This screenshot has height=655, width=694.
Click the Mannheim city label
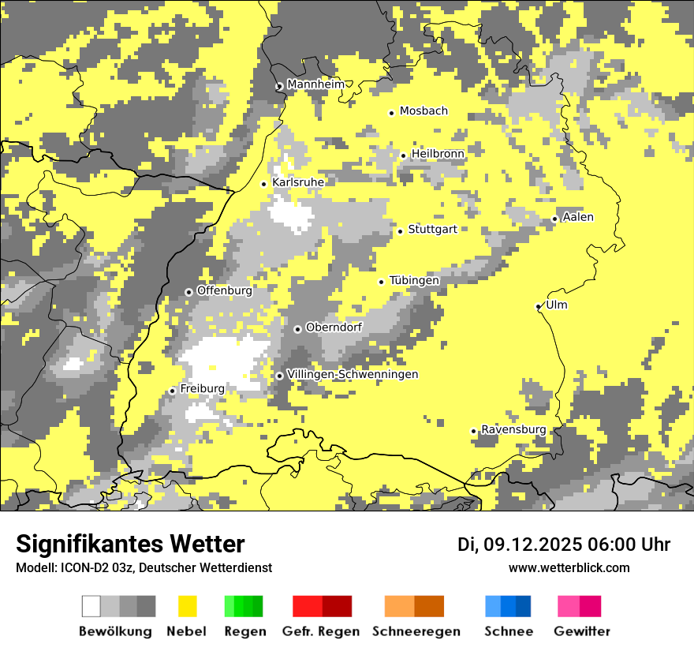tap(315, 84)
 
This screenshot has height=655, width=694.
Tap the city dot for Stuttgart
tap(401, 231)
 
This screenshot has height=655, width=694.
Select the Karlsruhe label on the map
tap(297, 182)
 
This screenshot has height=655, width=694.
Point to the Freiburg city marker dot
tap(172, 391)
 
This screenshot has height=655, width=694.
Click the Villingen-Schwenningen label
tap(353, 374)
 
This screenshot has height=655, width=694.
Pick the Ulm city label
tap(556, 305)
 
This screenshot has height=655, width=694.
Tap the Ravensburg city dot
tap(473, 431)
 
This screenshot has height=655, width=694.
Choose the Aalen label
tap(578, 217)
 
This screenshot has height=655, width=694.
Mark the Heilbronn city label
tap(438, 153)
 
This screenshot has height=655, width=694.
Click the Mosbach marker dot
tap(391, 113)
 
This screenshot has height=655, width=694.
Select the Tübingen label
tap(414, 280)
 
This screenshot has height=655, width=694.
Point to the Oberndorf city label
tap(334, 327)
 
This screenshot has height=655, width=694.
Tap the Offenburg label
tap(224, 290)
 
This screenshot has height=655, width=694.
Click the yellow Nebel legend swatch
tap(188, 606)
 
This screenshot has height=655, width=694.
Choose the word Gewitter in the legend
tap(582, 631)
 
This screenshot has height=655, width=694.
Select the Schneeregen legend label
tap(416, 631)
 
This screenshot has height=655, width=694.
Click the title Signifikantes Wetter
tap(130, 544)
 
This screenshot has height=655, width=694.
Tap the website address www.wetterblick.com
tap(569, 567)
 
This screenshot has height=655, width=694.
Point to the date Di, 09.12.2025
tap(519, 545)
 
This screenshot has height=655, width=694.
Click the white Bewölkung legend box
tap(91, 606)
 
